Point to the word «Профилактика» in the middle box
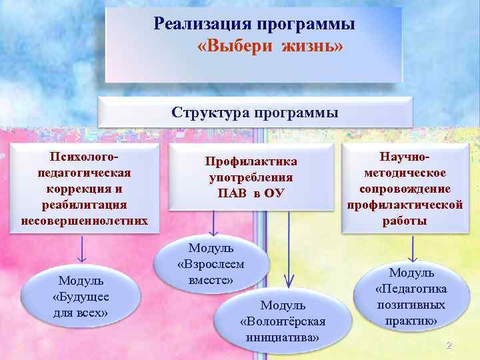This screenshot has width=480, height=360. (251, 162)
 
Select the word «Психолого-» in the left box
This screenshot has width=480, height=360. (84, 157)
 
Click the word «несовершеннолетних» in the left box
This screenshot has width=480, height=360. (84, 220)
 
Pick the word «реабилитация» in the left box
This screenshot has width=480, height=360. (84, 204)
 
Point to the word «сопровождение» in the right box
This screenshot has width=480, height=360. (405, 188)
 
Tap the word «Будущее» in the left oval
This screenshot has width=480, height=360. (81, 297)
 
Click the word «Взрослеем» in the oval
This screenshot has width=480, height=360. (211, 264)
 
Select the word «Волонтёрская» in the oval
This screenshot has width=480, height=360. (283, 321)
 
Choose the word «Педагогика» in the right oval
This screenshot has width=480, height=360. (411, 289)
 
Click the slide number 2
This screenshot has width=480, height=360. (449, 345)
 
